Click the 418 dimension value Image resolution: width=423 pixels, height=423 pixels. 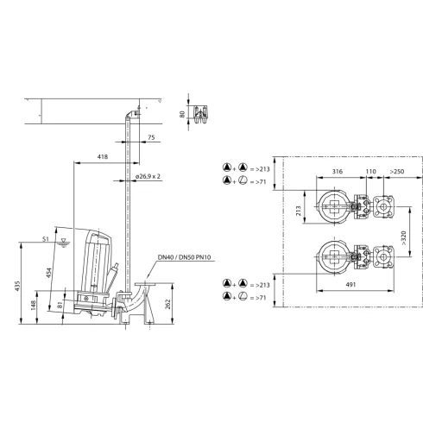point(103,157)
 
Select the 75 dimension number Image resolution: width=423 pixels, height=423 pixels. point(151,137)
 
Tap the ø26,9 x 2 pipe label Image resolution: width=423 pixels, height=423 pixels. point(148,176)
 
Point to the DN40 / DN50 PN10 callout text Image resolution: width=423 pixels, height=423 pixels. point(186,257)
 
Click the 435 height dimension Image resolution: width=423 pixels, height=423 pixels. point(17,286)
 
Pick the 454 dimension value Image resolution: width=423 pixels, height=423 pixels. point(49,273)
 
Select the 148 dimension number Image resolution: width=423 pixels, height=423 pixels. point(34,306)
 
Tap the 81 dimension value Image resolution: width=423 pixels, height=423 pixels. point(60,305)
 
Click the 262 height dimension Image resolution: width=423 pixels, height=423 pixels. point(167,304)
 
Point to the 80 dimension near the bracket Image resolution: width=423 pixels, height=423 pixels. point(182,114)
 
